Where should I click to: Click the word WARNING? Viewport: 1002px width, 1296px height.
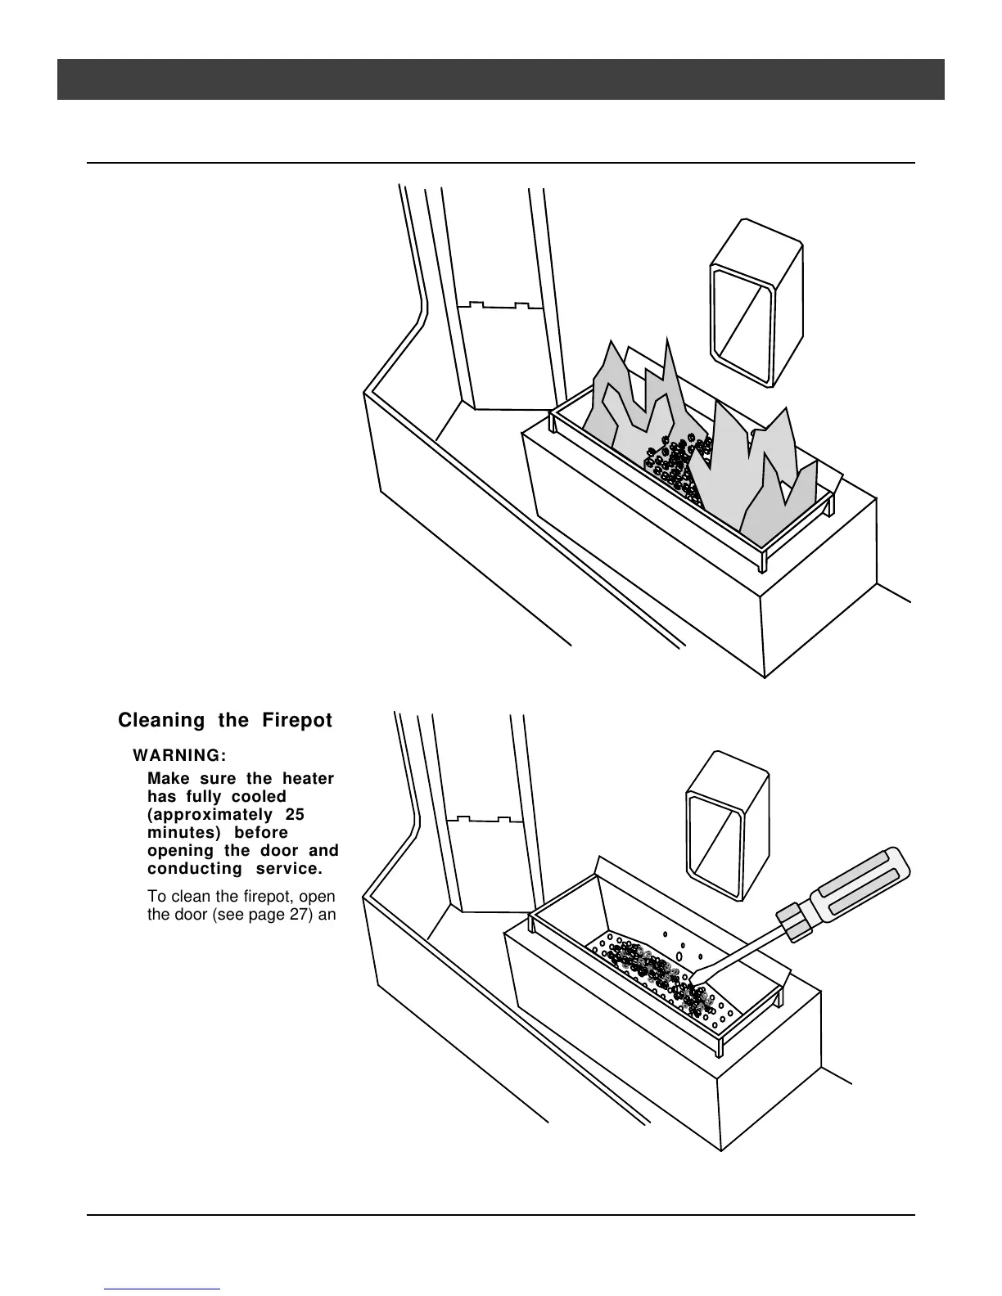179,754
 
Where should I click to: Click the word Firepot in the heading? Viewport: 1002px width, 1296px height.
297,721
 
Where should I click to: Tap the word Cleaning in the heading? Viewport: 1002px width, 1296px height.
161,721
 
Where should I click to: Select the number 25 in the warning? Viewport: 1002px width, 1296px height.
295,815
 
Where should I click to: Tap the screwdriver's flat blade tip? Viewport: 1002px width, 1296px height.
701,978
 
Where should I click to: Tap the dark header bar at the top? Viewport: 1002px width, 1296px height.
501,79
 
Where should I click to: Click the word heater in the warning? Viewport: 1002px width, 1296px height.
309,779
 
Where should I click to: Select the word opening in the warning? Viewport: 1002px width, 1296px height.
179,851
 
